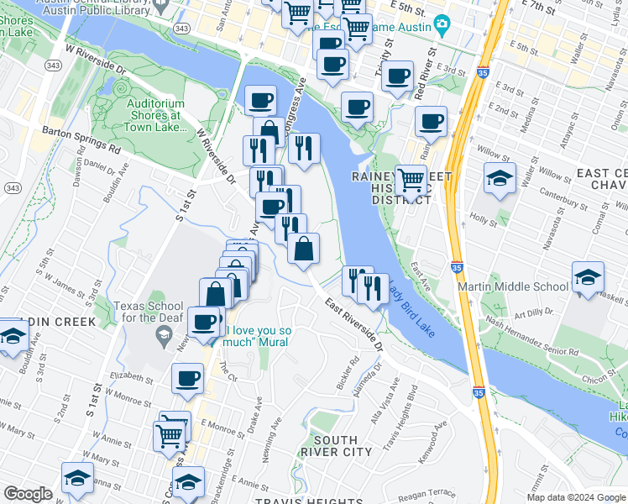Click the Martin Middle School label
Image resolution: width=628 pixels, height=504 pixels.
[513, 286]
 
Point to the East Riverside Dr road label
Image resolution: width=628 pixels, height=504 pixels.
[353, 324]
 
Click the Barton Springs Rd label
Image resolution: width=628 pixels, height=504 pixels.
[81, 140]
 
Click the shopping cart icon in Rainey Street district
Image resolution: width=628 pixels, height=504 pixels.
[410, 180]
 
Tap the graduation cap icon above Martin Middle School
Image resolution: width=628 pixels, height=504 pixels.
[587, 276]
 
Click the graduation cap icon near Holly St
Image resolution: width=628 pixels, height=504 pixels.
[500, 179]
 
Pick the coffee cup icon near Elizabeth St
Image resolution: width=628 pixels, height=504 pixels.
[187, 377]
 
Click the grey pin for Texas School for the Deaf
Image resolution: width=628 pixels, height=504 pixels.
[165, 339]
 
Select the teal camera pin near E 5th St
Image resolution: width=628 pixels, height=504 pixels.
[442, 26]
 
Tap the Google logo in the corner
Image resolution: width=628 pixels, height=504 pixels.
[28, 494]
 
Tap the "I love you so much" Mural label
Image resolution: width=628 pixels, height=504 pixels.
[257, 336]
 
